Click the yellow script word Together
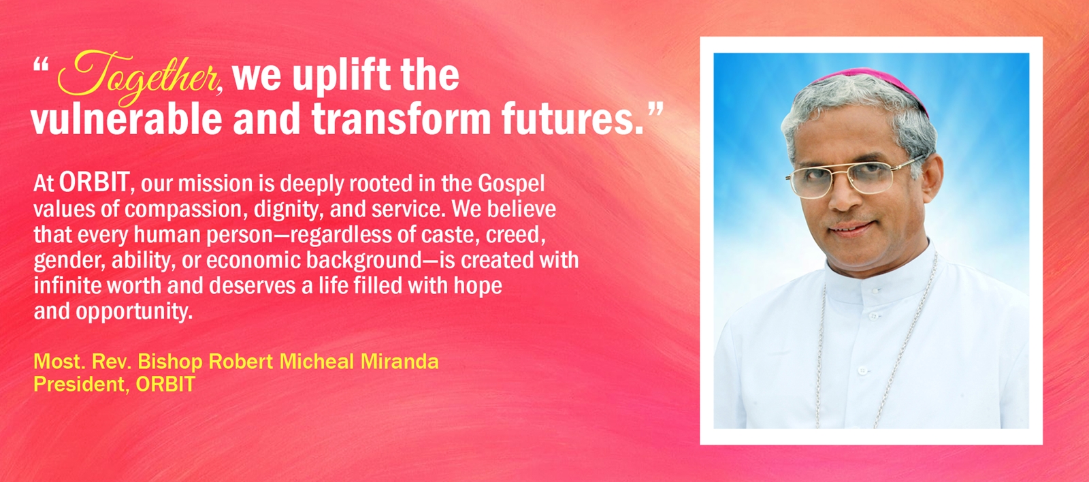(x=137, y=76)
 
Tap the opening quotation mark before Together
(x=41, y=65)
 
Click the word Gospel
(x=511, y=184)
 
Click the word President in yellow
(x=78, y=384)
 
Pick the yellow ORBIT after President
(x=165, y=384)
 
